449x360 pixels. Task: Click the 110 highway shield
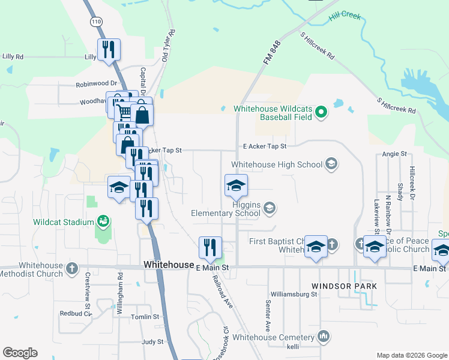click(x=97, y=22)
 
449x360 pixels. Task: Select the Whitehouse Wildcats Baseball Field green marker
click(x=321, y=111)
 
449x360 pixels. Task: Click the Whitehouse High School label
click(x=277, y=164)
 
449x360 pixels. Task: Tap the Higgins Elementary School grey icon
click(x=270, y=208)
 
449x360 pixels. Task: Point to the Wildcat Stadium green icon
click(x=103, y=222)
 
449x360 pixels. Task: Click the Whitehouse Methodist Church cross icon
click(x=71, y=268)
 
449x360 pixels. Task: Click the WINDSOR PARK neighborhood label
click(x=345, y=286)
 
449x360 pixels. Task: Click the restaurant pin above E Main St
click(x=210, y=247)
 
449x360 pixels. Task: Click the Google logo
click(x=20, y=353)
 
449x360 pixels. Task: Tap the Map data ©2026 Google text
click(x=412, y=355)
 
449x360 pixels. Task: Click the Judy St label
click(x=152, y=342)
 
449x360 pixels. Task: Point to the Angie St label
click(x=394, y=155)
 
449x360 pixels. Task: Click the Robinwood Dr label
click(x=95, y=85)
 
